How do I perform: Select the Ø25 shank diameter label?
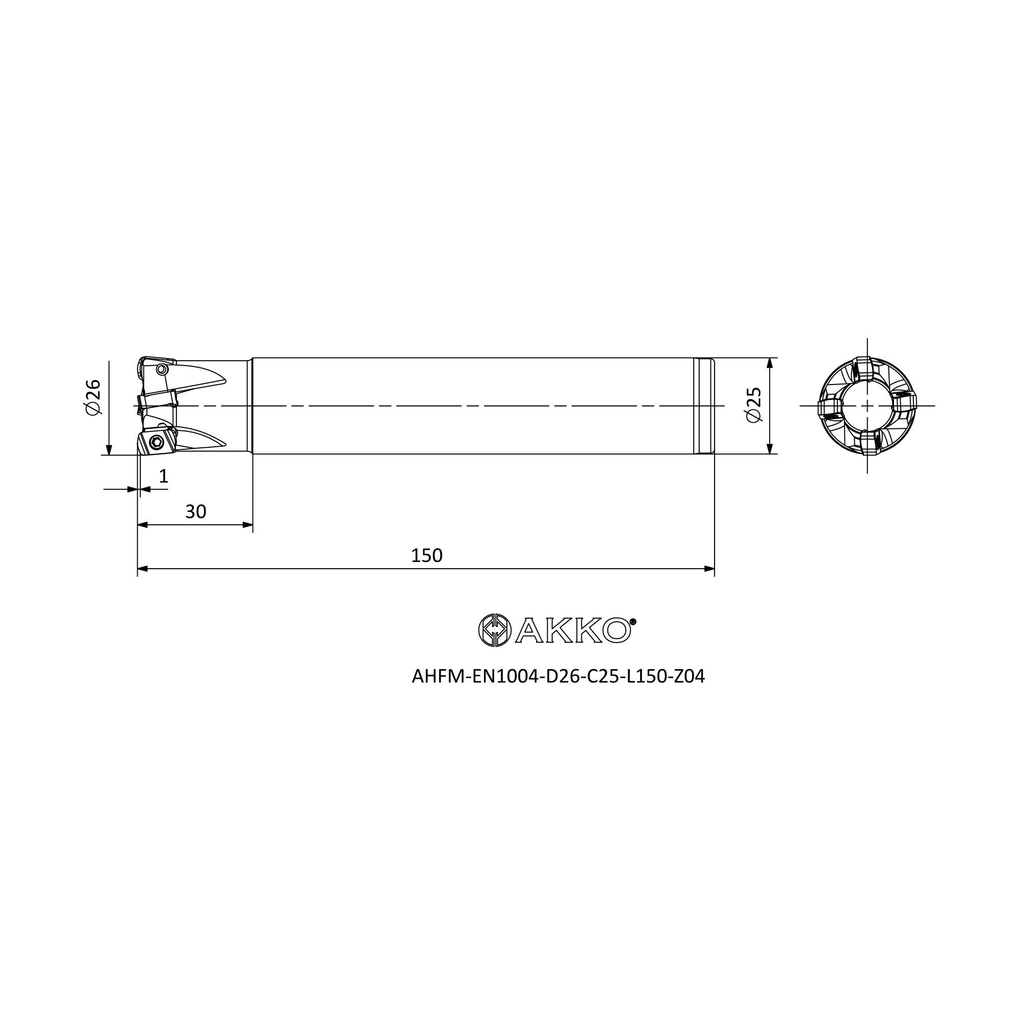(x=753, y=405)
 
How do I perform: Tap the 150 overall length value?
(x=426, y=555)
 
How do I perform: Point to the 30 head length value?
(x=195, y=512)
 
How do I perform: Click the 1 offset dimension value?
(x=164, y=476)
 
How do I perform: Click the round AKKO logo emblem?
(x=494, y=630)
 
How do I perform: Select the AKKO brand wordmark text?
(x=573, y=630)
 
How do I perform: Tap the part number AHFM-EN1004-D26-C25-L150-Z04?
(x=558, y=676)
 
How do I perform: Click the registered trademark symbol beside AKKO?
(x=633, y=621)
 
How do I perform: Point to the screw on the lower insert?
(x=156, y=442)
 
